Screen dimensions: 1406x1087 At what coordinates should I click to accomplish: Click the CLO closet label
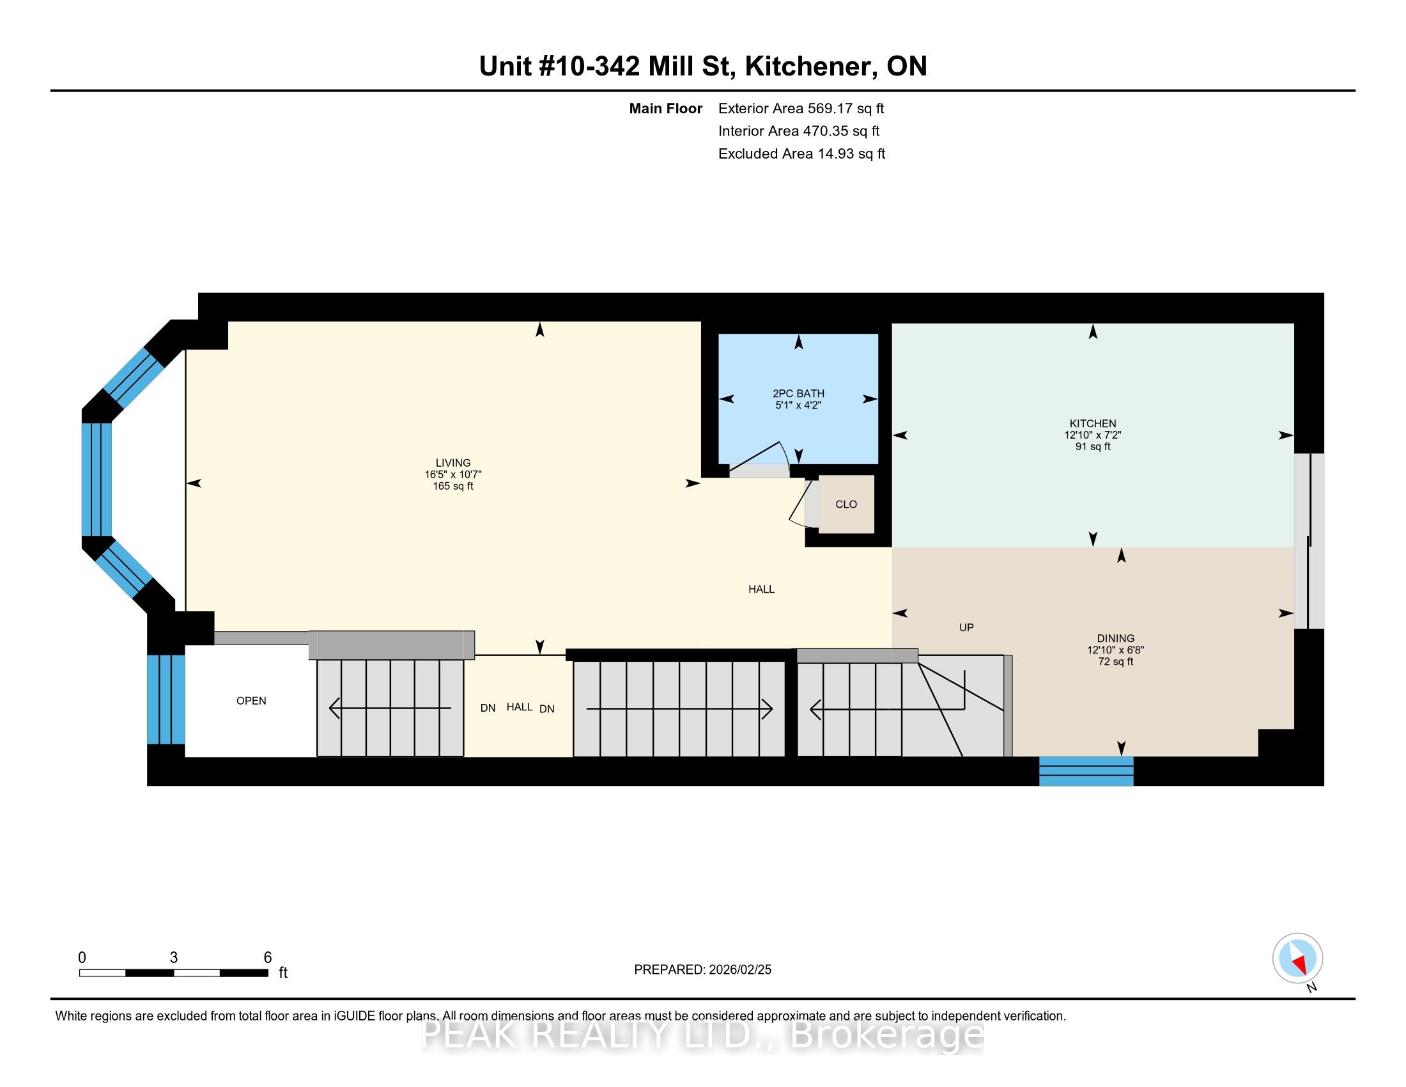[x=846, y=504]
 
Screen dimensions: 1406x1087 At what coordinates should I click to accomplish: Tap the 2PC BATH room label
[x=798, y=393]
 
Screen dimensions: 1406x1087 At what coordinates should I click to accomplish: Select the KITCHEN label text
[x=1092, y=423]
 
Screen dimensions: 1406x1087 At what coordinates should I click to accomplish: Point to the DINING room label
[x=1116, y=638]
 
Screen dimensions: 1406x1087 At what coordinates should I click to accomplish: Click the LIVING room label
[x=452, y=462]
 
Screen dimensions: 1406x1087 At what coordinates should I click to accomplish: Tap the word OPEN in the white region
[x=251, y=701]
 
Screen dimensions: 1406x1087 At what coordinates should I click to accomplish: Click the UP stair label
[x=966, y=627]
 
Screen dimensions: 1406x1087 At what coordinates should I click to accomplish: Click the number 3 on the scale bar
[x=174, y=958]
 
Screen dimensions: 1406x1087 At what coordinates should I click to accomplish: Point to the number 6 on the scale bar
[x=268, y=958]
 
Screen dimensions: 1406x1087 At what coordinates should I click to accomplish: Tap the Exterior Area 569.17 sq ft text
[x=801, y=108]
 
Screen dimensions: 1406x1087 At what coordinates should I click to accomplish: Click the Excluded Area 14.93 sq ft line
[x=802, y=153]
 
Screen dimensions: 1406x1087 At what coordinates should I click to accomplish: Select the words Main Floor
[x=666, y=108]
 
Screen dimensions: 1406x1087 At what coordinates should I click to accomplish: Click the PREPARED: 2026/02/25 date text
[x=702, y=970]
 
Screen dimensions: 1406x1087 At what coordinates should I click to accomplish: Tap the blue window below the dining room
[x=1086, y=772]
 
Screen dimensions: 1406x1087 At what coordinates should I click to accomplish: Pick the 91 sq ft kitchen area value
[x=1092, y=446]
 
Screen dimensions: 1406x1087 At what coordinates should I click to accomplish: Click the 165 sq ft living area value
[x=452, y=486]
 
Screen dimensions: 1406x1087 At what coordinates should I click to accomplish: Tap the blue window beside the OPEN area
[x=166, y=700]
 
